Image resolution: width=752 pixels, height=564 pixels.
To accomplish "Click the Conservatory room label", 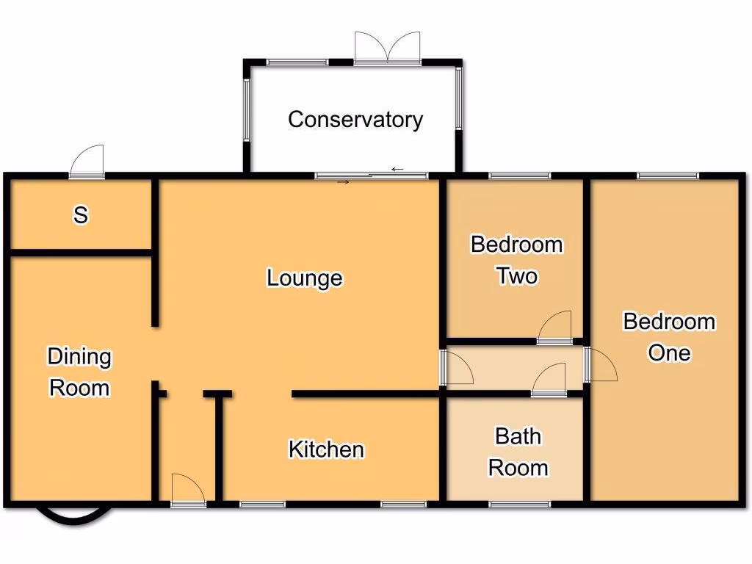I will coord(355,120).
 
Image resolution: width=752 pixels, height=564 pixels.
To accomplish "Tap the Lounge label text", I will coord(304,278).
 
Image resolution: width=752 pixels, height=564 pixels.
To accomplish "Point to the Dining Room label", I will coord(79,372).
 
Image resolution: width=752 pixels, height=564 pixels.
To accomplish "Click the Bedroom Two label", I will coord(517,260).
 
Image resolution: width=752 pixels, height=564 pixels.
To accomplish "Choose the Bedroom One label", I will coord(669,337).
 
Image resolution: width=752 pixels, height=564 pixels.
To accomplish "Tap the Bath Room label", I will coord(518,452).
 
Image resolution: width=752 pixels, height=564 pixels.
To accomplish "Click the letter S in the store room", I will coord(81,216).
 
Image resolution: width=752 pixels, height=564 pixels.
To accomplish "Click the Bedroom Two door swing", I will coord(556,328).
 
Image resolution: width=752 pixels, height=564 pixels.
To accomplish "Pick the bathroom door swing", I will coord(549,381).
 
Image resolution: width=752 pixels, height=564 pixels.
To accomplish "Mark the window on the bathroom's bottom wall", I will coord(519,505).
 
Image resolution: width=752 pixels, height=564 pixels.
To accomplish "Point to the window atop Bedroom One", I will coord(667,176).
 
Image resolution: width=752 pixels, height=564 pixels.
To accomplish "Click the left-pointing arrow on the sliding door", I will coord(397,170).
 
